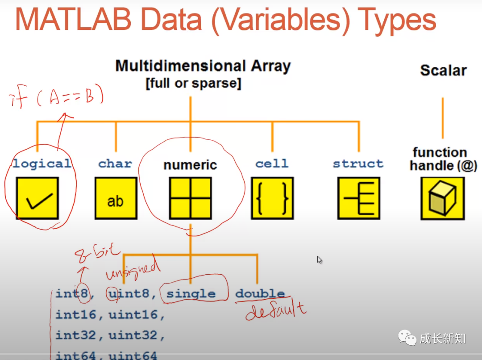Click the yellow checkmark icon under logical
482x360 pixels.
pos(37,198)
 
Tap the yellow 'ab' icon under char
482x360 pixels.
pos(116,198)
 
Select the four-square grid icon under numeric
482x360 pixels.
pos(191,198)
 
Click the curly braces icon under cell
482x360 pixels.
pos(272,198)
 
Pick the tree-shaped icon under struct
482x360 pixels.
pos(358,198)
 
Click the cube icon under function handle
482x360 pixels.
pos(442,198)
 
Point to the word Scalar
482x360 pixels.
pos(443,71)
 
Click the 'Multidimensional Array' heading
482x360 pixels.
pos(203,66)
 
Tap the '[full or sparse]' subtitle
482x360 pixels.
pos(193,84)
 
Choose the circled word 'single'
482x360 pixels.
pos(191,294)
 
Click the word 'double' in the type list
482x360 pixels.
pos(260,294)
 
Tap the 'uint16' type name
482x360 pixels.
pos(133,315)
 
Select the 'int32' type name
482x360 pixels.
pos(75,335)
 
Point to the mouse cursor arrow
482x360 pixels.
pos(320,260)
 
